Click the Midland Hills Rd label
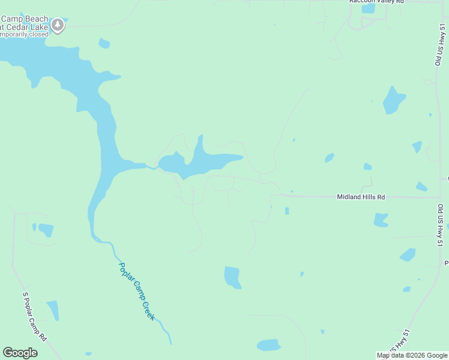click(361, 197)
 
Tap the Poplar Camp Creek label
click(137, 291)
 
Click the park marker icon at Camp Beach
click(58, 25)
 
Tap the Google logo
click(20, 353)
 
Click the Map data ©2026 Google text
click(412, 355)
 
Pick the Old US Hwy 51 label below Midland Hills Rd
click(440, 226)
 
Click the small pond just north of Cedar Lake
click(104, 43)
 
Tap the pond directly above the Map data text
click(406, 289)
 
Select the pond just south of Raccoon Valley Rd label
click(369, 9)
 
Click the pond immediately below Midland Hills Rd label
click(381, 220)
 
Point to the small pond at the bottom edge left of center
click(89, 354)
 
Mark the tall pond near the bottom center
click(232, 277)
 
